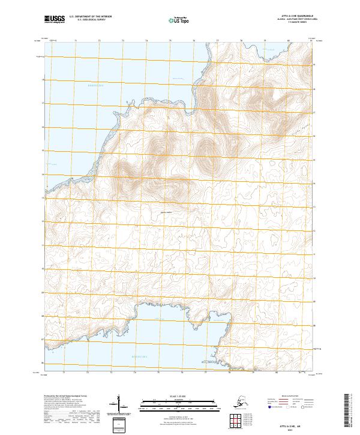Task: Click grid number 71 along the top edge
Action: pyautogui.click(x=76, y=40)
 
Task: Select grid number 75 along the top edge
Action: pyautogui.click(x=170, y=40)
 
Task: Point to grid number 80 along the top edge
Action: pyautogui.click(x=288, y=40)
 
